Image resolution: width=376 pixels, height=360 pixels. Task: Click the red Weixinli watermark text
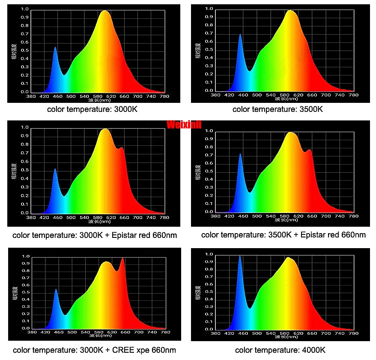184,125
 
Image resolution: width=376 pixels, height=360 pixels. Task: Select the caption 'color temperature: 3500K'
278,109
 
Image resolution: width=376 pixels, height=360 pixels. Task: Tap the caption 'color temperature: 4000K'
281,350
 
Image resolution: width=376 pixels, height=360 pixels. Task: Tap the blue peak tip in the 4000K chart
240,256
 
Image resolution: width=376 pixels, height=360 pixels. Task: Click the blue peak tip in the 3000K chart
55,48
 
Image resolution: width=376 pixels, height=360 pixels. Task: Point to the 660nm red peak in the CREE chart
122,258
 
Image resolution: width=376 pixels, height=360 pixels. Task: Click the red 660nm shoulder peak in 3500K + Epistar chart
309,150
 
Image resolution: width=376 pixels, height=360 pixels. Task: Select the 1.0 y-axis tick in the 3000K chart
24,9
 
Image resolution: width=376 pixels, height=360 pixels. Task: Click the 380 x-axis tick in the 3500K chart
215,95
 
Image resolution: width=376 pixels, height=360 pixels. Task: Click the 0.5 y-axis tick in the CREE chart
25,293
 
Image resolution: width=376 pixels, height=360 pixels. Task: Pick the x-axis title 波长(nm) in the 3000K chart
99,100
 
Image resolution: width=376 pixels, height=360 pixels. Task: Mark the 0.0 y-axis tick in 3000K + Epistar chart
24,213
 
